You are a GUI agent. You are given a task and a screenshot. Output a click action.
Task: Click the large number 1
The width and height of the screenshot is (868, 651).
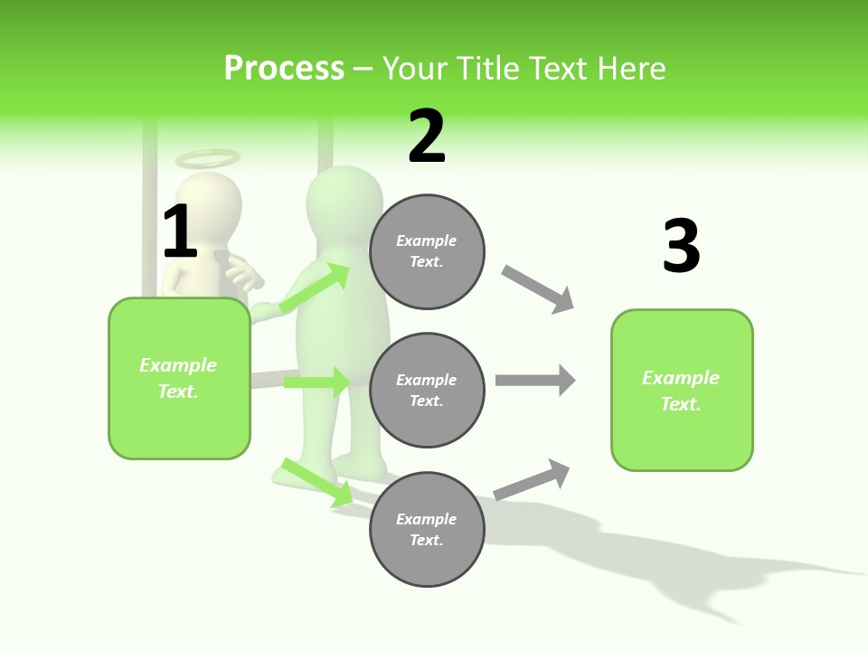coord(180,232)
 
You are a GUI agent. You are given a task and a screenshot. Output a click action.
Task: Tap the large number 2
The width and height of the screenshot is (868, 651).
coord(427,137)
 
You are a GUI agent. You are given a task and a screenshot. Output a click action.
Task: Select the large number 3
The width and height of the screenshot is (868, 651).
coord(681,247)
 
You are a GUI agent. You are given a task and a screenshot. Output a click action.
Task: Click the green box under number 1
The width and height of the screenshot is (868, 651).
coord(179,378)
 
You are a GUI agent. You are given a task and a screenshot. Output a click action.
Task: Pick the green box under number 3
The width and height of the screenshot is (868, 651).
coord(682,390)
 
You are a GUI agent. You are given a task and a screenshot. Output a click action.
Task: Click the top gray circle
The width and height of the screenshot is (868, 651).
coord(427,251)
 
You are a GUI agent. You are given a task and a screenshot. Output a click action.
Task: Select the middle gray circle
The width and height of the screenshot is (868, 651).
coord(427,390)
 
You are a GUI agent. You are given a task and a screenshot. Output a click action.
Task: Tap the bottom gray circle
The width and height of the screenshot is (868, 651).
coord(427,529)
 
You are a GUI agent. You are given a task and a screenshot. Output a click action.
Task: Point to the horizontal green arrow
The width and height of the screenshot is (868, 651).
coord(316,382)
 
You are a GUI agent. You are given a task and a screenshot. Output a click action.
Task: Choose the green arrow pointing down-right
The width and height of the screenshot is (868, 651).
coord(317,482)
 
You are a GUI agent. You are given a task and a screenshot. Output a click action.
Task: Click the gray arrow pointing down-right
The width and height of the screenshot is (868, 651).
coord(538,289)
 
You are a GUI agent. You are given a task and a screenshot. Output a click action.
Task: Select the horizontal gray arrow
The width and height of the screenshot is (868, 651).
coord(535,380)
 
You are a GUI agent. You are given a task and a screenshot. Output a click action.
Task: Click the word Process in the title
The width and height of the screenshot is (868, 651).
coord(284,68)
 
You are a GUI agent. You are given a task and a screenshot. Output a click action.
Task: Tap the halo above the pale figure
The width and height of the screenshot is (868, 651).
coord(208,159)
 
